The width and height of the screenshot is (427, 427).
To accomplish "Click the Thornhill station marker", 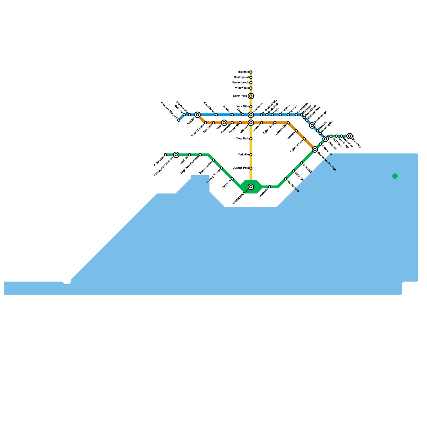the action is pos(251,72).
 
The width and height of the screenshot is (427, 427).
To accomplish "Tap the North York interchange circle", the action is pos(251,96).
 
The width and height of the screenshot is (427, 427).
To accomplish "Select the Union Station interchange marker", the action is pos(251,187).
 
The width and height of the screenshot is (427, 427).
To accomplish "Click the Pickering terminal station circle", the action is pos(350,136).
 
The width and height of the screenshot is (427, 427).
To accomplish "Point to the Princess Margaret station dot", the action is pos(179,120).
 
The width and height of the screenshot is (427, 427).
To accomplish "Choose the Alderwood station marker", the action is pos(165,155).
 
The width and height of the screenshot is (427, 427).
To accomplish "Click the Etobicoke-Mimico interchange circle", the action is pos(176,155).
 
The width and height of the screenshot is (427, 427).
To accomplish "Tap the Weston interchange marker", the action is pos(197,115).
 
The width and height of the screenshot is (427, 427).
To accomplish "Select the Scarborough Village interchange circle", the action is pos(315,149).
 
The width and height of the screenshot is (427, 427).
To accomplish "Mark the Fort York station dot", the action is pos(232,179).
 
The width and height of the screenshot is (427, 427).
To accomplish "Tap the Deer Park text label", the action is pos(243,139).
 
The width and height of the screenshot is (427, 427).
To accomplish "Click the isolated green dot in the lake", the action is pos(395,176).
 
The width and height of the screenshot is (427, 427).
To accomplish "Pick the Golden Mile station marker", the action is pos(288,123).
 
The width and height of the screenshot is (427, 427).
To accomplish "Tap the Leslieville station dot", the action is pos(270,187).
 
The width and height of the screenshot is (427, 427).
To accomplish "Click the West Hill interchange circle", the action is pos(326,139).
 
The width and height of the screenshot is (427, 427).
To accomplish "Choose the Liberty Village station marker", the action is pos(222,168).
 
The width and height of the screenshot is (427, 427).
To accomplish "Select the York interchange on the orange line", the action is pos(224,123).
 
